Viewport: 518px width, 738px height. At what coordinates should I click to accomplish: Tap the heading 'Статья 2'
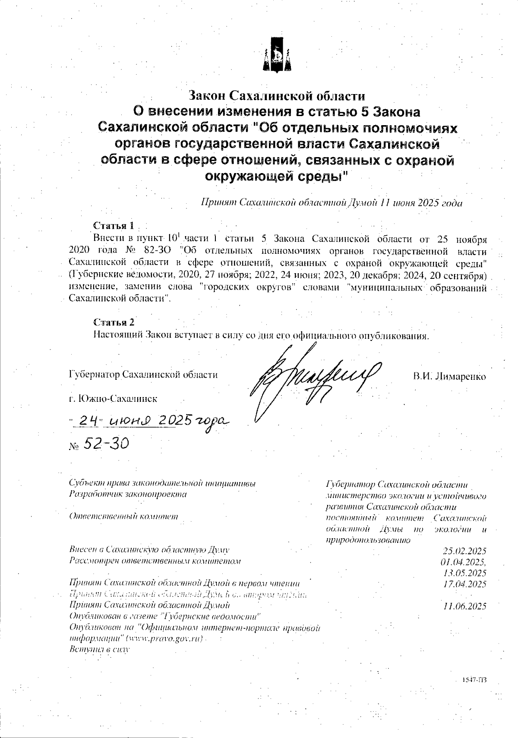coord(114,322)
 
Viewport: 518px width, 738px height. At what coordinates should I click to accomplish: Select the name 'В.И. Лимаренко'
coord(449,376)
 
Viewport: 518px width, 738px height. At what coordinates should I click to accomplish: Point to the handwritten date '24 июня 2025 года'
coord(149,421)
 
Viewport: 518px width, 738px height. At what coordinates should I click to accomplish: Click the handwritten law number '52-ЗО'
coord(106,444)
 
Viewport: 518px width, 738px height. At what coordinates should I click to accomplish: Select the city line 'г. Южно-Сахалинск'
coord(113,398)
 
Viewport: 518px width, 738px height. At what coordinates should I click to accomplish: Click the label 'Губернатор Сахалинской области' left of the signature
coord(143,375)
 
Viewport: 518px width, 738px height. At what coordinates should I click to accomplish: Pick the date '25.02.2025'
coord(464,551)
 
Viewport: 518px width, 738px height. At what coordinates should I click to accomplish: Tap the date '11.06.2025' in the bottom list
coord(464,606)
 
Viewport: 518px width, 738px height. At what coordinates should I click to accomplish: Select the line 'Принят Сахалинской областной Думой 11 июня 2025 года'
coord(332,203)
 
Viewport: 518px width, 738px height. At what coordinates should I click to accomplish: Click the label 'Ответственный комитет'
coord(123,517)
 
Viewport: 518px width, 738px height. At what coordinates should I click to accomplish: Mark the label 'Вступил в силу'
coord(99,649)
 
